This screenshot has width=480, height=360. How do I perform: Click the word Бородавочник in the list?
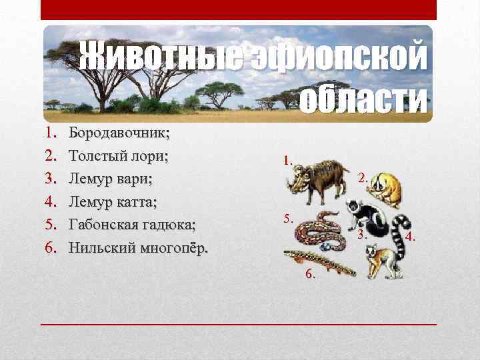(119, 133)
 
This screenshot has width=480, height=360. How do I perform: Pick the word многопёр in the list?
(169, 248)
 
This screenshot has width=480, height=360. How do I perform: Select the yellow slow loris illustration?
(386, 187)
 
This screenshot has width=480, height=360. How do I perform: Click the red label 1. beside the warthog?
(288, 160)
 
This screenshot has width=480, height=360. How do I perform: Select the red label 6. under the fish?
(311, 274)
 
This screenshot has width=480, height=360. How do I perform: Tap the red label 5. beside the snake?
(288, 218)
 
